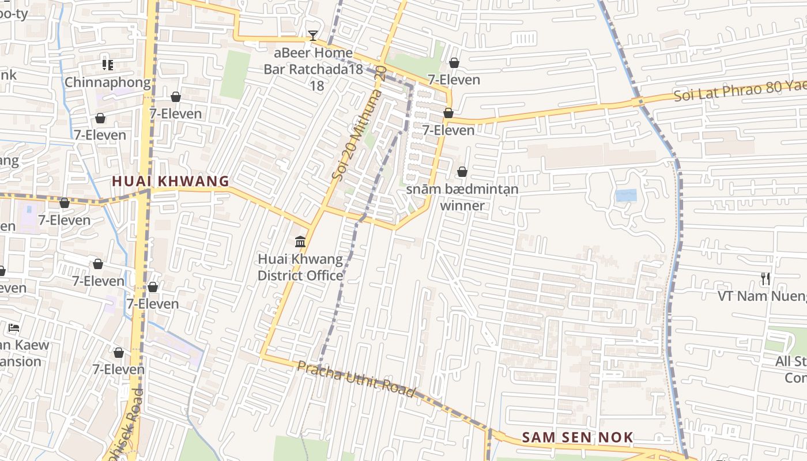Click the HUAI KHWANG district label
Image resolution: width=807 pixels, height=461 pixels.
(171, 181)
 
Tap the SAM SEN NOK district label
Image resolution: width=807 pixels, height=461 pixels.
(578, 437)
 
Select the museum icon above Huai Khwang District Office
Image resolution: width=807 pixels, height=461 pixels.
(300, 241)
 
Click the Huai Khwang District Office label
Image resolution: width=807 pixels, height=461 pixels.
(300, 267)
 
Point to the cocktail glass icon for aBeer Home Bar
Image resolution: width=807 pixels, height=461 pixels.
(312, 36)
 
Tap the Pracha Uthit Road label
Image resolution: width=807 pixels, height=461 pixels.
(356, 379)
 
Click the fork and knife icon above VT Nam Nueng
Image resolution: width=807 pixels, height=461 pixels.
(765, 279)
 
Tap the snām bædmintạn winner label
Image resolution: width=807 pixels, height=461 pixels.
(462, 197)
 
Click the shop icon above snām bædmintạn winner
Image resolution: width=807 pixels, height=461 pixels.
(462, 172)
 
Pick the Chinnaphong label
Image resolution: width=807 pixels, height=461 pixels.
(107, 82)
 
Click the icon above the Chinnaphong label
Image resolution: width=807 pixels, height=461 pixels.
(107, 65)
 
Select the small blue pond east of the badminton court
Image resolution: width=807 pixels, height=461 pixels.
(625, 195)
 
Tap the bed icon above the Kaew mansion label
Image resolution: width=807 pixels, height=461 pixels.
(14, 328)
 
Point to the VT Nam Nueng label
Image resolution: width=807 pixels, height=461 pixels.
(761, 296)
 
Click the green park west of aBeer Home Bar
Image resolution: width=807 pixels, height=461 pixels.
(235, 74)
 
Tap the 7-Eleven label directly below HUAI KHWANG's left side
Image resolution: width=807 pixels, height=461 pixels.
(64, 220)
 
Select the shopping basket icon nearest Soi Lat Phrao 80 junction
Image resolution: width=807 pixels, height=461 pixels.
(448, 113)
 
